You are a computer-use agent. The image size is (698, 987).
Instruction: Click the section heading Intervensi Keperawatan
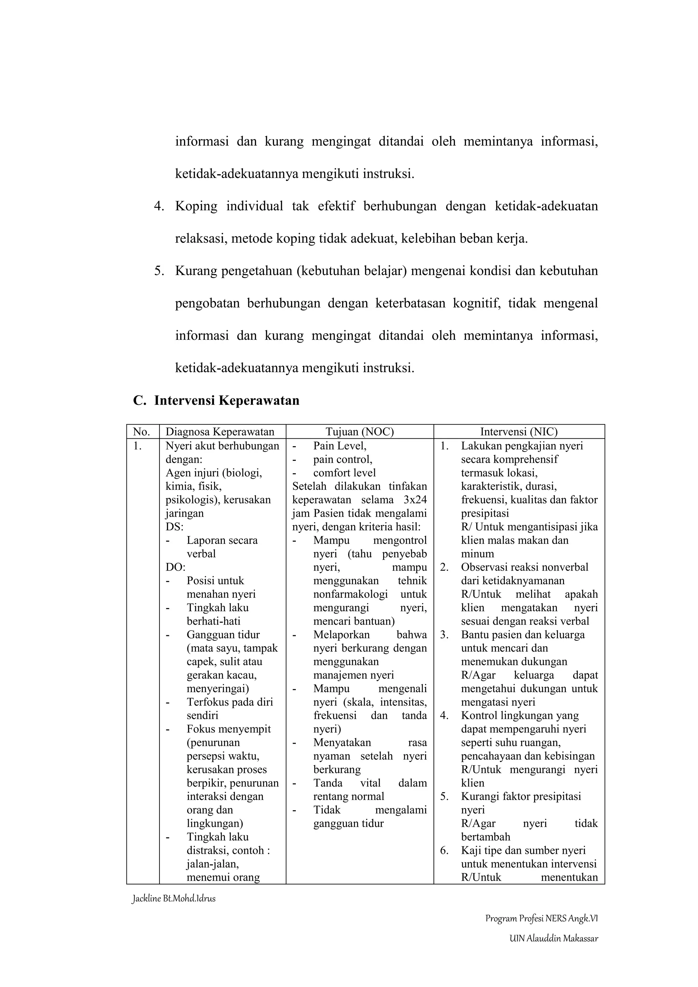(227, 400)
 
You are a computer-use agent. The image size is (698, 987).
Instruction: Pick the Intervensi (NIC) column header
(519, 431)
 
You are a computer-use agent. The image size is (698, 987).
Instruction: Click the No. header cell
(141, 431)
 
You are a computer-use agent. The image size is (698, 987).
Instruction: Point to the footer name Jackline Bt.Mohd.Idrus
(173, 898)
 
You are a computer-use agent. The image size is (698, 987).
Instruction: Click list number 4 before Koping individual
(159, 206)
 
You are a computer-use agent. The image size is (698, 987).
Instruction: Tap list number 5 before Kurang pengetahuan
(159, 271)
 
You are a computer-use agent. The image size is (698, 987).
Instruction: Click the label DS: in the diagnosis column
(174, 527)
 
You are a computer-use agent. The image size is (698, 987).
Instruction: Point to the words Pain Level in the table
(339, 446)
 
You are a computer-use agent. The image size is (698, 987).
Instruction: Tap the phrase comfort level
(344, 473)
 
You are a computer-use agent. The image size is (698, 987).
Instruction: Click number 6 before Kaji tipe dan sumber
(444, 850)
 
